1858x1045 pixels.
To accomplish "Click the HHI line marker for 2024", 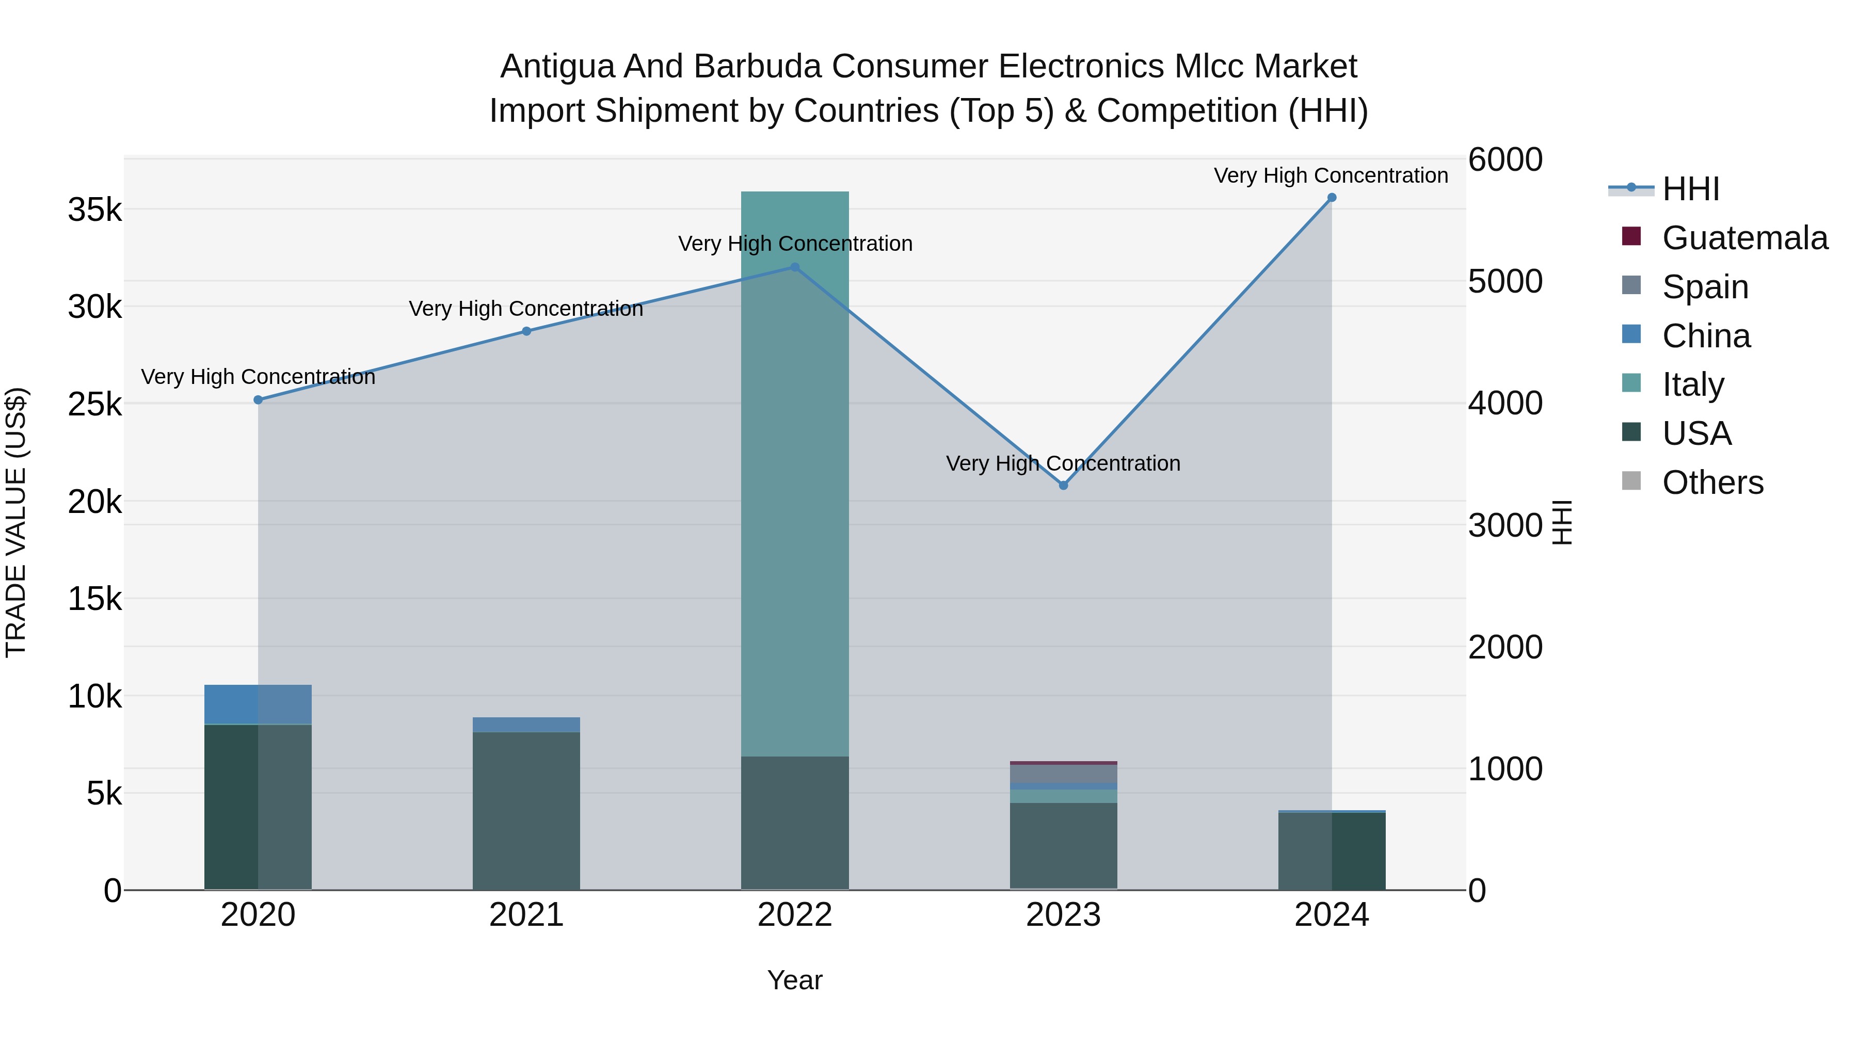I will point(1332,198).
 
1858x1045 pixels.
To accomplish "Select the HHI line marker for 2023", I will point(1063,486).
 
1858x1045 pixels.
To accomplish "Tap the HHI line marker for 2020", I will point(258,399).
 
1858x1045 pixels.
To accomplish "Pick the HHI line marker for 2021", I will point(526,331).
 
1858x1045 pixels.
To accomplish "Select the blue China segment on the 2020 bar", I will point(258,704).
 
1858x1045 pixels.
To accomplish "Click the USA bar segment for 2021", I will point(526,811).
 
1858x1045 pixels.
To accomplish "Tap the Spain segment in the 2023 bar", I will point(1063,773).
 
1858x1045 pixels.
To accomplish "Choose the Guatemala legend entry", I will point(1724,238).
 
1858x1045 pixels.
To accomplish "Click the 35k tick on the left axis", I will point(94,211).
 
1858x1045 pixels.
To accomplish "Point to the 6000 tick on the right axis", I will point(1505,159).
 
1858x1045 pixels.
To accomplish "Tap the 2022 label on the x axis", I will point(795,915).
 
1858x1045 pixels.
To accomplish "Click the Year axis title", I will point(795,980).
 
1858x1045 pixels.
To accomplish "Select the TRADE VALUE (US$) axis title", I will point(16,522).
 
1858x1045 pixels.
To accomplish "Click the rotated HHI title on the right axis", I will point(1562,522).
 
